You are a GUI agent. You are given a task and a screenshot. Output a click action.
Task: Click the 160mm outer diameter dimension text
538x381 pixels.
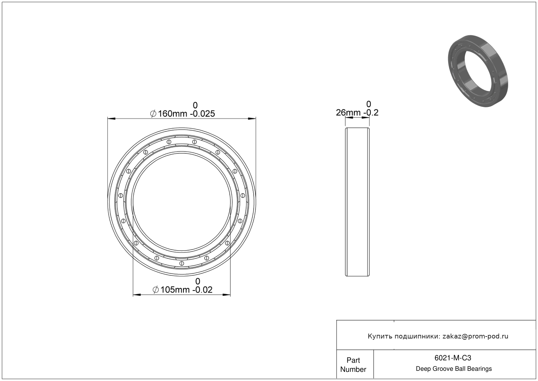173,114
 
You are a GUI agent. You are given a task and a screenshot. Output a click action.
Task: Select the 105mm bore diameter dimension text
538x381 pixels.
175,290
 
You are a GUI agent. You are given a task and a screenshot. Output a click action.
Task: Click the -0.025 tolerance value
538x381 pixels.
202,114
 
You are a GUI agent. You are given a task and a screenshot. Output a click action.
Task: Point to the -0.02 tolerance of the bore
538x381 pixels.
202,290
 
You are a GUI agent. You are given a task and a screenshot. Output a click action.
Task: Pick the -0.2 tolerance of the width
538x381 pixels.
371,113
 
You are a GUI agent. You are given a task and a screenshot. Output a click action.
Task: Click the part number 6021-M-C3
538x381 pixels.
453,358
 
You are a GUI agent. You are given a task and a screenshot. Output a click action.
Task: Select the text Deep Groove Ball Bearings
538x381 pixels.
454,369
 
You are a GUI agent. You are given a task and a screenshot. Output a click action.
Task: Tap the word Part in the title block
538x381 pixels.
353,360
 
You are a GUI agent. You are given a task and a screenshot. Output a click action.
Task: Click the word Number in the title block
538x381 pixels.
353,369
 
